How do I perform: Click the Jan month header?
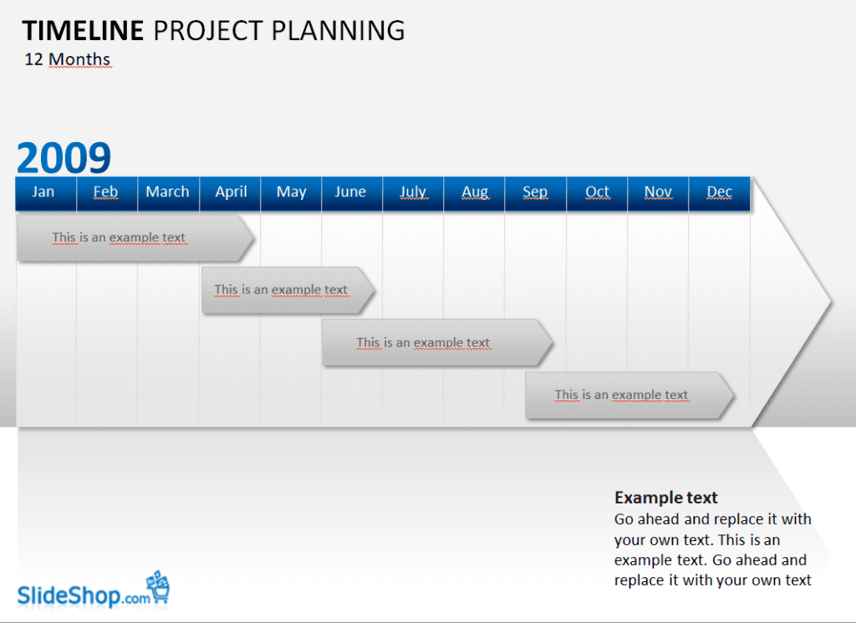coord(46,193)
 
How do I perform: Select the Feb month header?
coord(107,193)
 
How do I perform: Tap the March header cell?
coord(169,193)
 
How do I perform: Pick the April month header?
coord(230,193)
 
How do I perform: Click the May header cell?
coord(291,193)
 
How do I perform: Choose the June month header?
coord(352,193)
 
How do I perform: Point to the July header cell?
coord(413,193)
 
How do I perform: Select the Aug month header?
coord(475,193)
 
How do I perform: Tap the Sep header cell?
coord(536,193)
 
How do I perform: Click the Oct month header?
coord(597,193)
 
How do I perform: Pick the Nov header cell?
coord(659,193)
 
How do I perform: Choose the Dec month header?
coord(720,193)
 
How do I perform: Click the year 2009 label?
coord(64,158)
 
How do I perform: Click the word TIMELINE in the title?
coord(83,31)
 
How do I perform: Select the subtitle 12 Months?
coord(68,59)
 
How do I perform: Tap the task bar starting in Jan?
coord(135,237)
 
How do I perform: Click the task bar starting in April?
coord(288,290)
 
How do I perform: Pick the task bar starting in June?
coord(437,342)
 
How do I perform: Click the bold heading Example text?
coord(666,498)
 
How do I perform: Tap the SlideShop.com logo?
coord(94,590)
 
